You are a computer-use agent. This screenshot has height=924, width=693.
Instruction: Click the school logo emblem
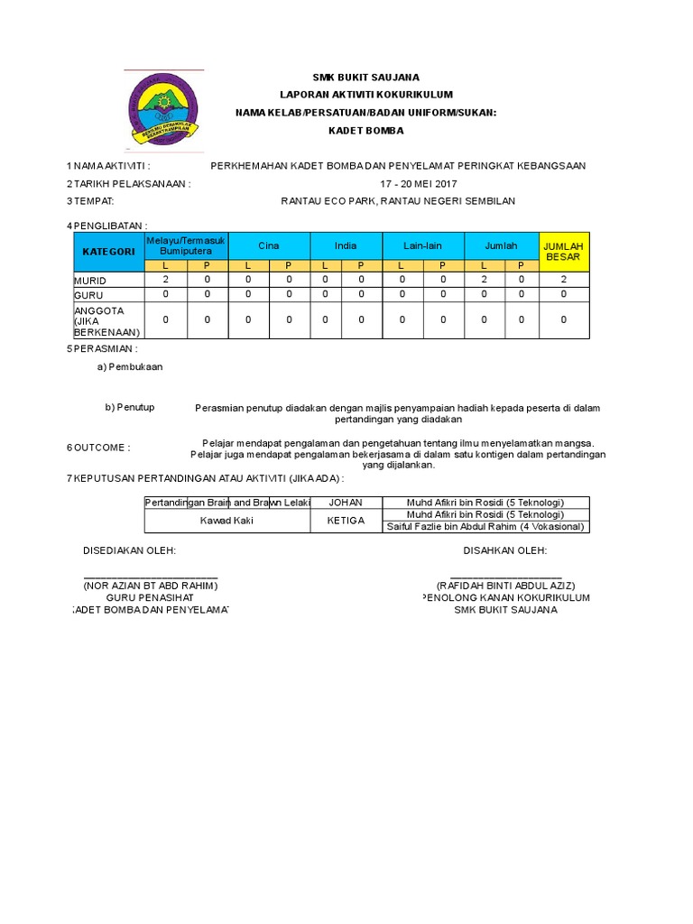pyautogui.click(x=163, y=109)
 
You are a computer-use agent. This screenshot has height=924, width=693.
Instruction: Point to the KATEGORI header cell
pyautogui.click(x=108, y=252)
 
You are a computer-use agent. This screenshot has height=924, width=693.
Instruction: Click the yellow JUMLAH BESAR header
pyautogui.click(x=564, y=252)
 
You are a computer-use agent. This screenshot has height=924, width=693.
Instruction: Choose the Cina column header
pyautogui.click(x=269, y=245)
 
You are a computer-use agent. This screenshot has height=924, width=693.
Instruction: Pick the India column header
pyautogui.click(x=346, y=245)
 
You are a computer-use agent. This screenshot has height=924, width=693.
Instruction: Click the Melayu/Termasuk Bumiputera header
pyautogui.click(x=186, y=245)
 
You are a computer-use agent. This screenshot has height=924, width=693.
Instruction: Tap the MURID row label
pyautogui.click(x=90, y=281)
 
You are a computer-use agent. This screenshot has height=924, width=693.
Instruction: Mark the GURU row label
pyautogui.click(x=88, y=294)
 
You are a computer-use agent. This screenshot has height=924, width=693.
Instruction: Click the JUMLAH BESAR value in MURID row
pyautogui.click(x=564, y=280)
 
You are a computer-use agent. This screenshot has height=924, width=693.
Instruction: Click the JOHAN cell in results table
pyautogui.click(x=346, y=502)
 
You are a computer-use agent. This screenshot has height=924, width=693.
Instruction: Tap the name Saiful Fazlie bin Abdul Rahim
pyautogui.click(x=485, y=526)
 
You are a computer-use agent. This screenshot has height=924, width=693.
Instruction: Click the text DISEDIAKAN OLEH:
pyautogui.click(x=130, y=550)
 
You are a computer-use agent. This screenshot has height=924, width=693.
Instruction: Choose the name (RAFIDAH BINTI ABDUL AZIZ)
pyautogui.click(x=505, y=586)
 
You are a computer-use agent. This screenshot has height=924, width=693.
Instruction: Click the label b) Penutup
pyautogui.click(x=130, y=407)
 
